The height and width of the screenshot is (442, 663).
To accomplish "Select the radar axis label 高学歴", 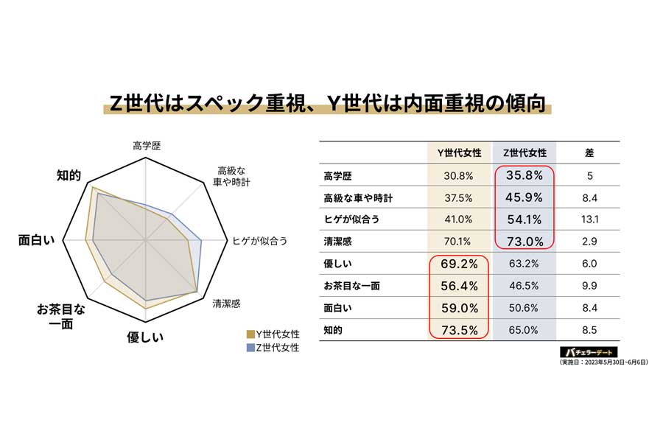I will click(147, 146).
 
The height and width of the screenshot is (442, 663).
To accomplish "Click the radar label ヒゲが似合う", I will click(259, 240).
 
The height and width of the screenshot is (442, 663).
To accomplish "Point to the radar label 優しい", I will click(145, 337).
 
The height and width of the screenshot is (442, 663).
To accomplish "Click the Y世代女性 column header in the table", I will click(459, 153).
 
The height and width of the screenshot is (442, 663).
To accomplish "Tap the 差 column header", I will click(589, 153).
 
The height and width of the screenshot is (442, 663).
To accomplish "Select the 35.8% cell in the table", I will click(525, 175).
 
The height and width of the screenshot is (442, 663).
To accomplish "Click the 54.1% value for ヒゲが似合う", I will click(525, 220).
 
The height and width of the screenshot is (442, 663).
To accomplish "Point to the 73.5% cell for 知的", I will click(459, 330).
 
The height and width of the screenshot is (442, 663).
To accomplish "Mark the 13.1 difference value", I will click(589, 220).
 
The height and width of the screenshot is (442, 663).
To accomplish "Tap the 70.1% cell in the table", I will click(459, 242).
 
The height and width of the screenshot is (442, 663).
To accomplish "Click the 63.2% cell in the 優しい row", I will click(525, 264).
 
